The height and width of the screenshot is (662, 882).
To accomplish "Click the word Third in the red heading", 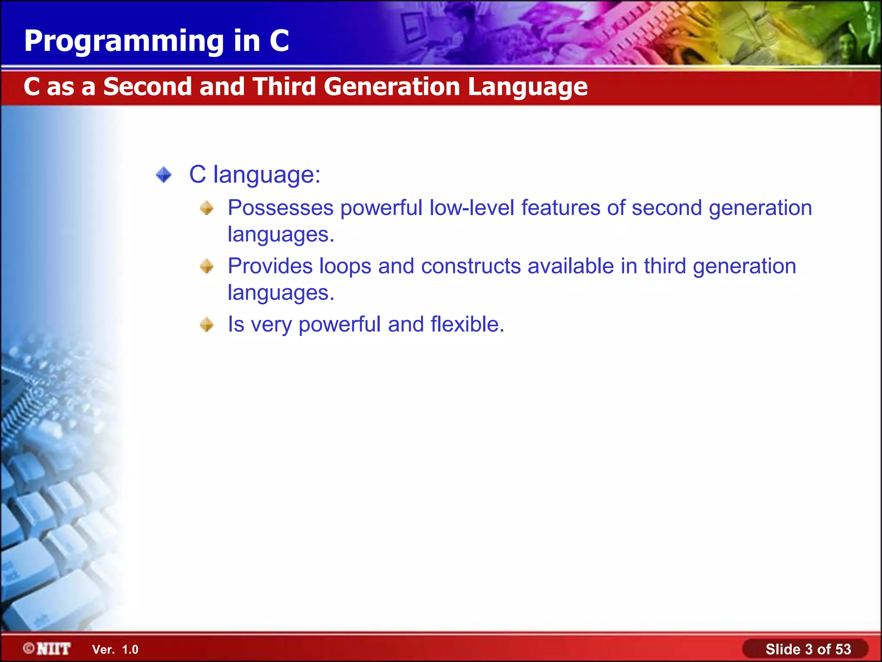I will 284,87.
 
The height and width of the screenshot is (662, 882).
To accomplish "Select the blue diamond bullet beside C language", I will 164,175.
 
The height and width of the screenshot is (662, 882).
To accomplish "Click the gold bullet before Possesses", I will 207,208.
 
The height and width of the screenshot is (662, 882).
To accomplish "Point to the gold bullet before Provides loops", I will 207,266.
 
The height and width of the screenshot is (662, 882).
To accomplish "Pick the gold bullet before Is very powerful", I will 207,325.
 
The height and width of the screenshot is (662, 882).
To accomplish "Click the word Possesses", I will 280,208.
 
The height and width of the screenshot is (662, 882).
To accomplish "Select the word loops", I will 345,266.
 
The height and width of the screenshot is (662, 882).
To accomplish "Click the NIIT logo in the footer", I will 47,649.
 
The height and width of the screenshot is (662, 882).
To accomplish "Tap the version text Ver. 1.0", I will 115,650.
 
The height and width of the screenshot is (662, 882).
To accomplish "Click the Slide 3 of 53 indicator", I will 808,649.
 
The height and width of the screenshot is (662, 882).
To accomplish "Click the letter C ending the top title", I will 279,41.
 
